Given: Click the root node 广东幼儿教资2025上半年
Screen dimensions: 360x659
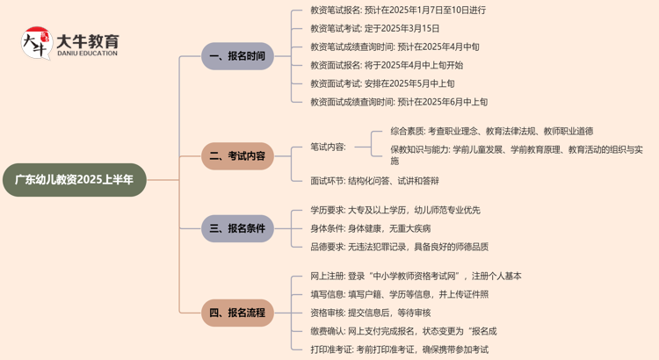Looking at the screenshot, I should (74, 179).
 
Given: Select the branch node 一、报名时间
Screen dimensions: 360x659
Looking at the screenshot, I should (236, 56).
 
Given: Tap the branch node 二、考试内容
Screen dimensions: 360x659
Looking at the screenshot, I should (236, 157).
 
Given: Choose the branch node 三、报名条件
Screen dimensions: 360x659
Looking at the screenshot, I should (236, 228).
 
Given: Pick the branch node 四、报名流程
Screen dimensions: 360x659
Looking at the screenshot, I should (236, 312).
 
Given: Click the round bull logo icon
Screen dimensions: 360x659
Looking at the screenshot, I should (36, 44).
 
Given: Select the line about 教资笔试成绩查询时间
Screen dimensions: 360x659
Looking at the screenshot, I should (395, 47).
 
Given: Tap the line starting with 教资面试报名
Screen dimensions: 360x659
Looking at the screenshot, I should (387, 65).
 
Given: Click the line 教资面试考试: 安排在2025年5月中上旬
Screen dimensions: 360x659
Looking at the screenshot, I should (382, 83).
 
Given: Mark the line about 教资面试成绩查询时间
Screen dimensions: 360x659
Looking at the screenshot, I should (399, 102).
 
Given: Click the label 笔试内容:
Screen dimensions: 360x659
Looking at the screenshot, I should (329, 147).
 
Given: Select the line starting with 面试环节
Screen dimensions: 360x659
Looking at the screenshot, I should (375, 181).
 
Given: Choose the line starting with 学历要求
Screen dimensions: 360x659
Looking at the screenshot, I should (395, 210).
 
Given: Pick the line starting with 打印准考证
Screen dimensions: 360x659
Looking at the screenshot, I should (400, 349).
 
